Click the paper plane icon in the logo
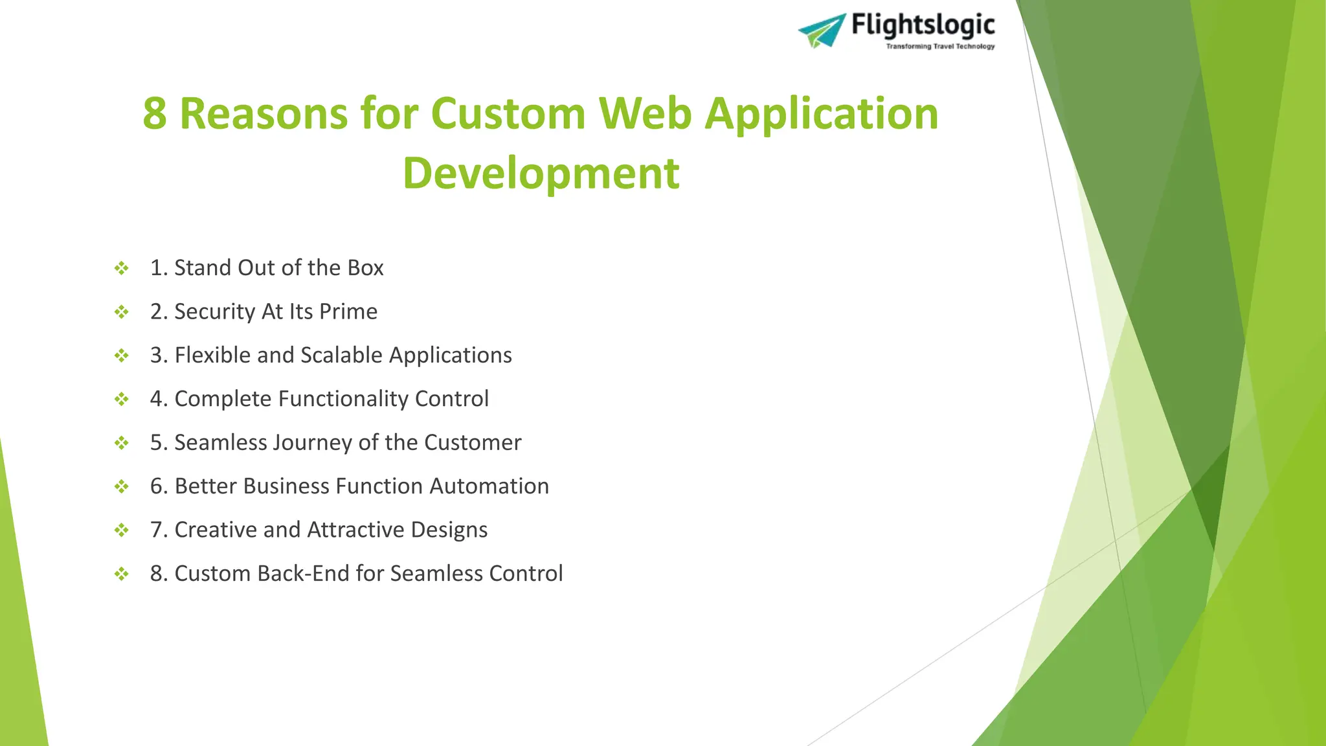click(x=822, y=30)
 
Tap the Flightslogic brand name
click(x=923, y=25)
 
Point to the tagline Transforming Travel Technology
click(x=940, y=47)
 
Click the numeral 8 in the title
click(x=155, y=114)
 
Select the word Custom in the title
click(x=508, y=114)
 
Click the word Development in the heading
click(x=541, y=174)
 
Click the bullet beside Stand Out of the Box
click(x=121, y=268)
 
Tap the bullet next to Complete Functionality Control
click(x=121, y=399)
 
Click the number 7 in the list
click(x=156, y=530)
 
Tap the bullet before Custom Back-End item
click(x=121, y=574)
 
